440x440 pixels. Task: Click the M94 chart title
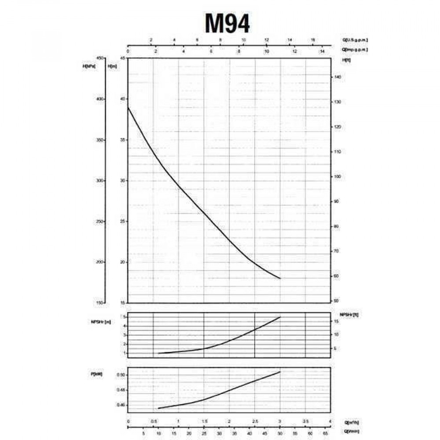(227, 23)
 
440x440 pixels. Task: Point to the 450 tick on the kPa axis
(99, 58)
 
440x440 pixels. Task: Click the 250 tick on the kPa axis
(99, 221)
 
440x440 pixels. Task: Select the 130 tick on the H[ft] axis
(338, 102)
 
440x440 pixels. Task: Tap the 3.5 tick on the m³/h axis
(305, 422)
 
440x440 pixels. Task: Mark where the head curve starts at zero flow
(128, 107)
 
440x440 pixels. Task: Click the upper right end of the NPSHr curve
(280, 317)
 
